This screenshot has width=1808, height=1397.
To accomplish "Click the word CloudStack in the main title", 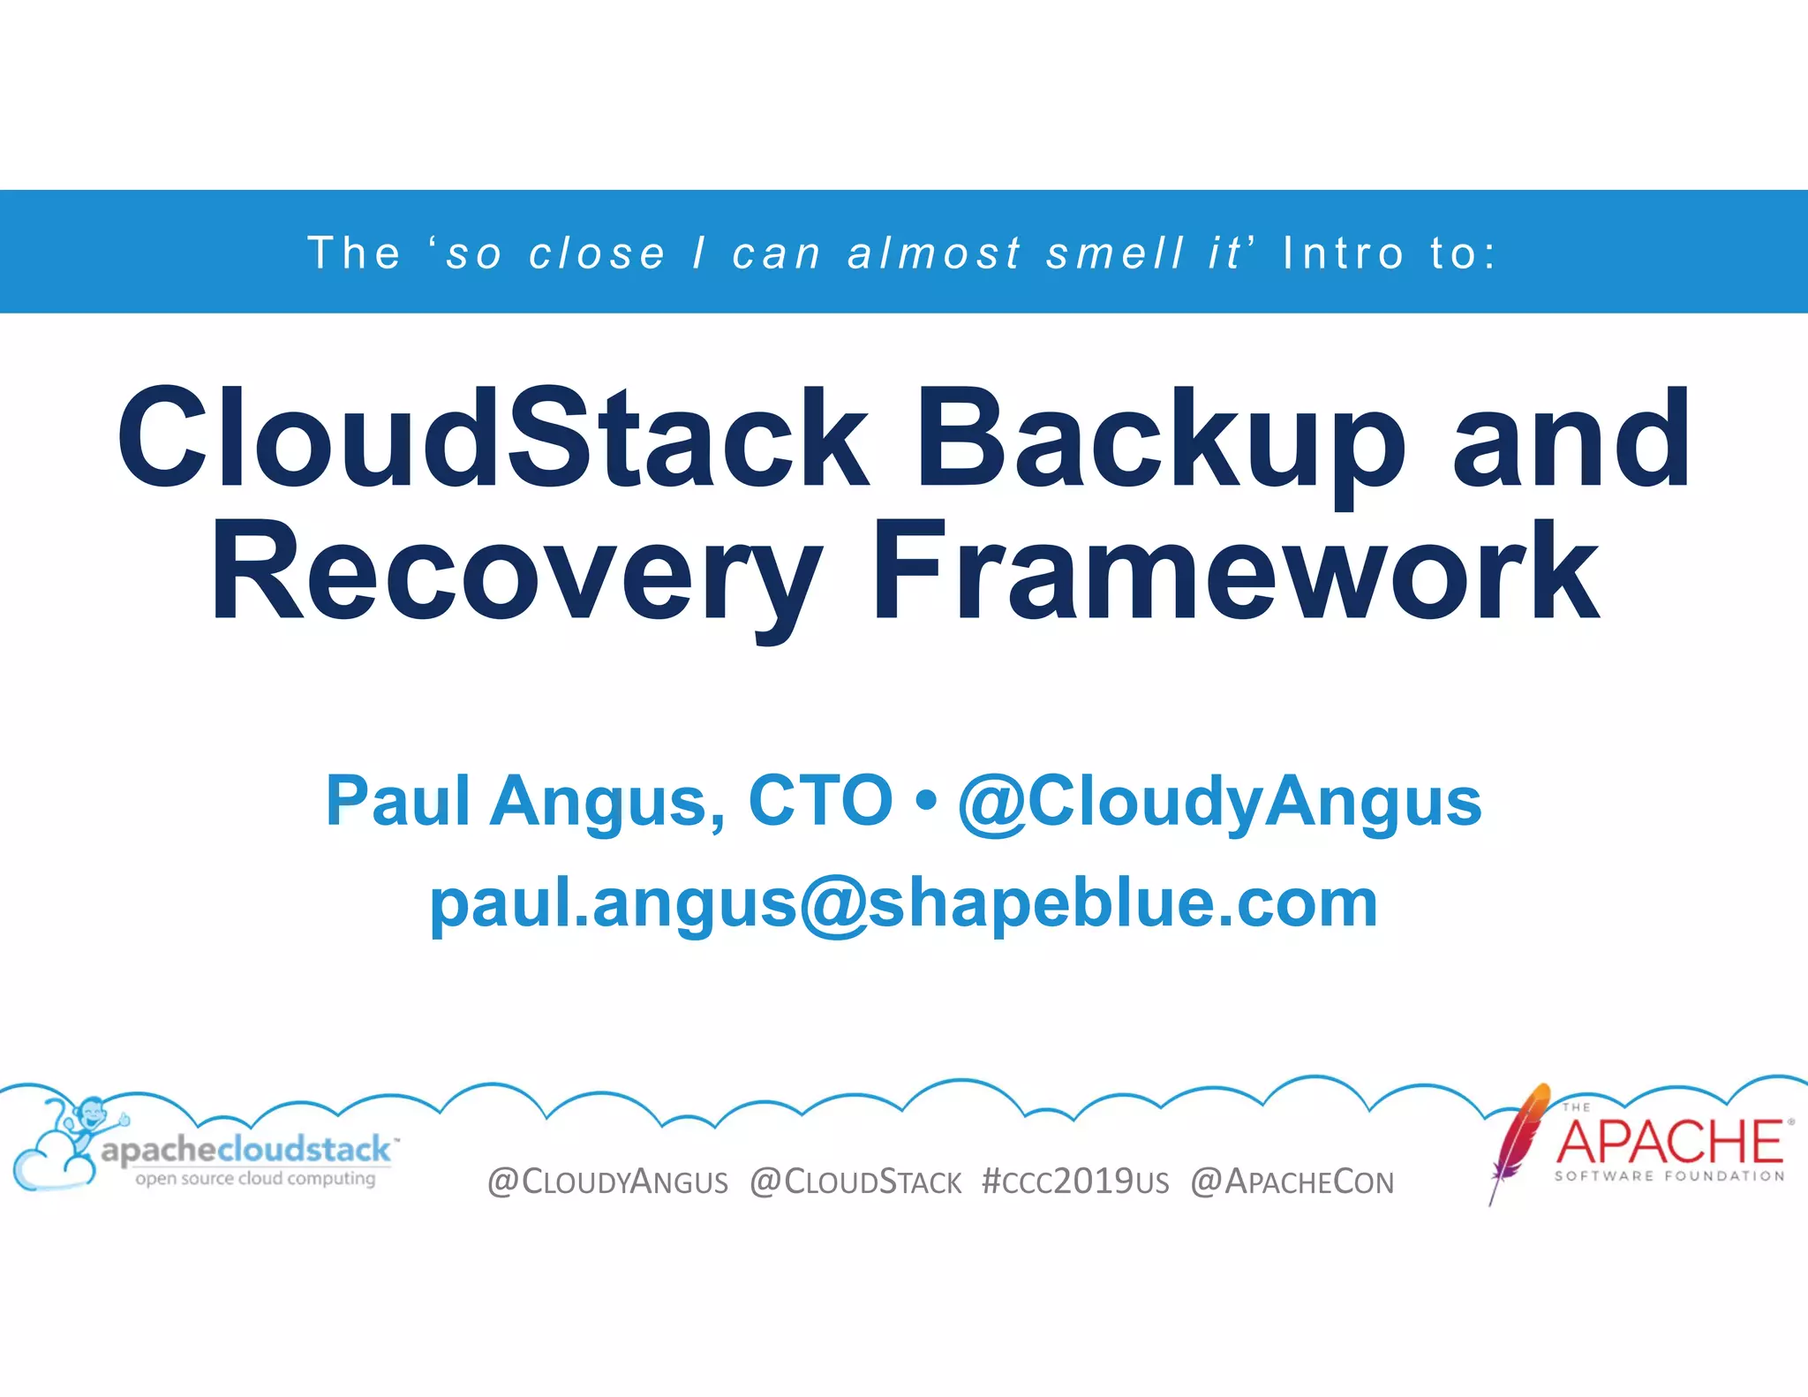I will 493,439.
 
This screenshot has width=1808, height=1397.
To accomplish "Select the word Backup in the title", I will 1158,439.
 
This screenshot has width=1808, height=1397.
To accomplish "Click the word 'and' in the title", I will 1571,439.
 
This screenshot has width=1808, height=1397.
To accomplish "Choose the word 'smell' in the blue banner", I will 1114,253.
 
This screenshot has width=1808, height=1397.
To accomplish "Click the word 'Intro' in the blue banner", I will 1343,253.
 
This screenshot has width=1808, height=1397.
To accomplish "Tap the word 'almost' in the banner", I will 934,253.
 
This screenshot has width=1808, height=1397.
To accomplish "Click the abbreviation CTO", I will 820,801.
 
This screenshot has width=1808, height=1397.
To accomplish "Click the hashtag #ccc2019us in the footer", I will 1074,1182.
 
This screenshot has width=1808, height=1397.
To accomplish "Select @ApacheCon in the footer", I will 1292,1182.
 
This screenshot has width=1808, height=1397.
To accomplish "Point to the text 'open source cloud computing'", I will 255,1179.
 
